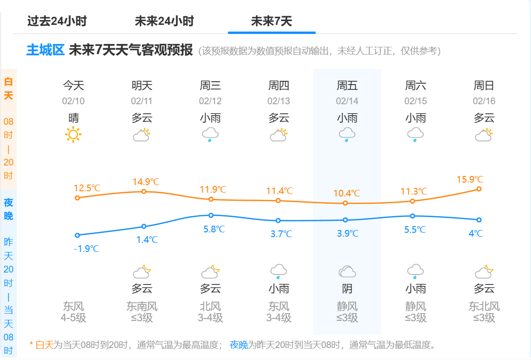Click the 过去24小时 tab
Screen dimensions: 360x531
[x=57, y=21]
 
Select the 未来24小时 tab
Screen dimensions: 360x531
[x=164, y=21]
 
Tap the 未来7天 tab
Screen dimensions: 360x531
[x=271, y=21]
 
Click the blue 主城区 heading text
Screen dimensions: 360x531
[x=45, y=50]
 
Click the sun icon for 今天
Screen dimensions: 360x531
[x=73, y=135]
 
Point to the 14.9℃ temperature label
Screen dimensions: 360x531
[x=146, y=182]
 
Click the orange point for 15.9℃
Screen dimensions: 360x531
[x=479, y=189]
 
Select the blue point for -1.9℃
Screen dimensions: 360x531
[x=77, y=235]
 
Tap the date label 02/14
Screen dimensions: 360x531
[x=347, y=101]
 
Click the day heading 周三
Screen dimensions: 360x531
[x=210, y=86]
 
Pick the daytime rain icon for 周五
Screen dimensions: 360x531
[x=347, y=135]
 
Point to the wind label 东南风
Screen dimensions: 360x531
[x=142, y=306]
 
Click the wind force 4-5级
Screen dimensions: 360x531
[x=73, y=318]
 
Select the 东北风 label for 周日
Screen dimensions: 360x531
[x=484, y=306]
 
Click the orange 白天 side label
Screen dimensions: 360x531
[x=9, y=88]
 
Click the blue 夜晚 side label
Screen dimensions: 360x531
[x=9, y=209]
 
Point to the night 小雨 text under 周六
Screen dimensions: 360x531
[x=415, y=289]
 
